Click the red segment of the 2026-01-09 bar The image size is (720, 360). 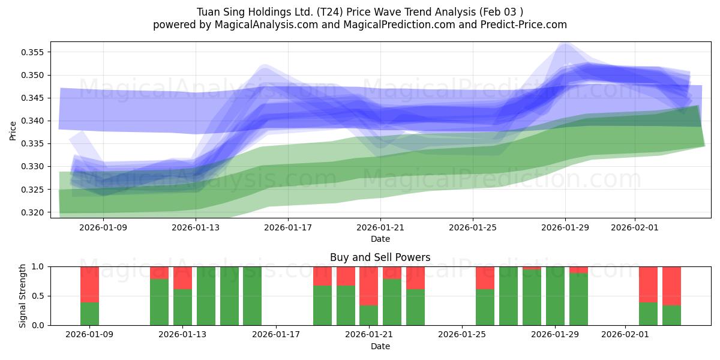pyautogui.click(x=89, y=284)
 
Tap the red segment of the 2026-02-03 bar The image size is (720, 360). pyautogui.click(x=671, y=286)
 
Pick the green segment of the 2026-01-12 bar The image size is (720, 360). pyautogui.click(x=159, y=302)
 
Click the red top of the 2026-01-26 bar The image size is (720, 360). pyautogui.click(x=485, y=278)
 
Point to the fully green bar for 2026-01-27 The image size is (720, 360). pyautogui.click(x=508, y=296)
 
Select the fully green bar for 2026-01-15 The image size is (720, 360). pyautogui.click(x=229, y=296)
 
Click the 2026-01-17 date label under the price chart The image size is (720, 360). pyautogui.click(x=288, y=227)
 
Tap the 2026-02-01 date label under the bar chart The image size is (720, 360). pyautogui.click(x=626, y=335)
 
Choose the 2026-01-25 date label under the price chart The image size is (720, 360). pyautogui.click(x=473, y=227)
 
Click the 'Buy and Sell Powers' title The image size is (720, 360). pyautogui.click(x=380, y=257)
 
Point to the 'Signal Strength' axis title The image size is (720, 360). pyautogui.click(x=23, y=296)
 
